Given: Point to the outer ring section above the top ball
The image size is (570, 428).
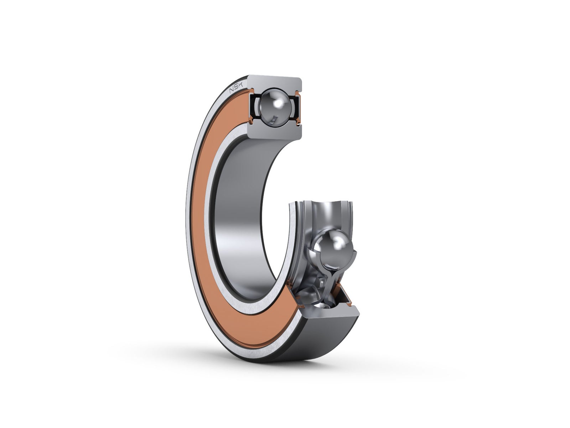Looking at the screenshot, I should point(274,81).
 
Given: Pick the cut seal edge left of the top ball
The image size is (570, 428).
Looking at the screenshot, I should point(251,107).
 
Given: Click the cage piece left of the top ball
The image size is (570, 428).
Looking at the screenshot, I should point(257,107).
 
